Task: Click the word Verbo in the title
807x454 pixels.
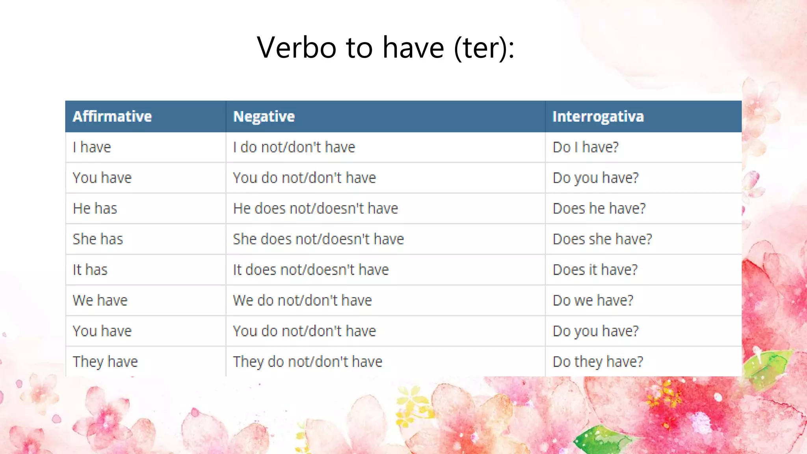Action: (x=297, y=47)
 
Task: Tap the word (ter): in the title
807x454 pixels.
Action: (x=484, y=48)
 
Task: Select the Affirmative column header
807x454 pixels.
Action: (x=112, y=116)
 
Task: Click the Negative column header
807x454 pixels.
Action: (x=264, y=116)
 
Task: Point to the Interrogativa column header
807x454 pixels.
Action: (x=598, y=116)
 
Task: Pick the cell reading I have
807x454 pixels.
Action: (x=92, y=147)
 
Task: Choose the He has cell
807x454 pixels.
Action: (x=95, y=208)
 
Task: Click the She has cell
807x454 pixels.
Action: (x=98, y=239)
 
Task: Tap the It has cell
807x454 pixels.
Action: (x=90, y=270)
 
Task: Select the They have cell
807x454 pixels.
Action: (x=105, y=361)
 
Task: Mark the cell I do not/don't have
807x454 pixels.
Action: (x=294, y=147)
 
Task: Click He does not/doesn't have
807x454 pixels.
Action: (x=315, y=208)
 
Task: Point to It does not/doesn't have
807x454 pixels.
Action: (x=311, y=270)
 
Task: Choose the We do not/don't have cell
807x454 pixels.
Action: (x=302, y=300)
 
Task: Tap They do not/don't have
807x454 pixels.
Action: (x=307, y=361)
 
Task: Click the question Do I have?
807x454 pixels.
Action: (x=586, y=147)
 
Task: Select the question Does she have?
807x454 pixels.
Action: (x=602, y=239)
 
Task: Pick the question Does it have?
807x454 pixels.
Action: (x=595, y=270)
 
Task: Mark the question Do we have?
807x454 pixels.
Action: (x=593, y=300)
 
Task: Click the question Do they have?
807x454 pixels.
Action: (x=598, y=361)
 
